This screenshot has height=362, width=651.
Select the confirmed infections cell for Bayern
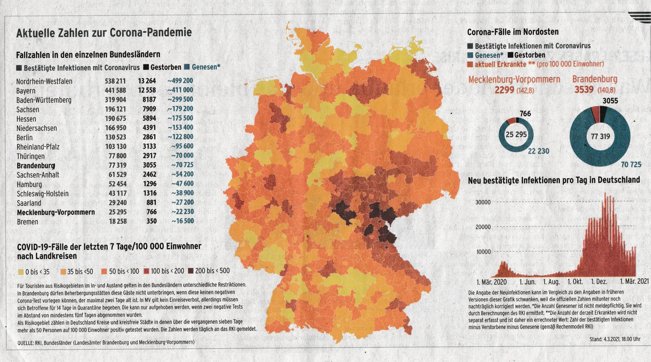coord(115,90)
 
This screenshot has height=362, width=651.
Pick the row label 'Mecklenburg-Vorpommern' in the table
coord(56,212)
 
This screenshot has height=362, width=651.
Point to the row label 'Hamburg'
coord(29,184)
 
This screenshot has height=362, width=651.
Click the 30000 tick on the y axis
coord(483,202)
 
